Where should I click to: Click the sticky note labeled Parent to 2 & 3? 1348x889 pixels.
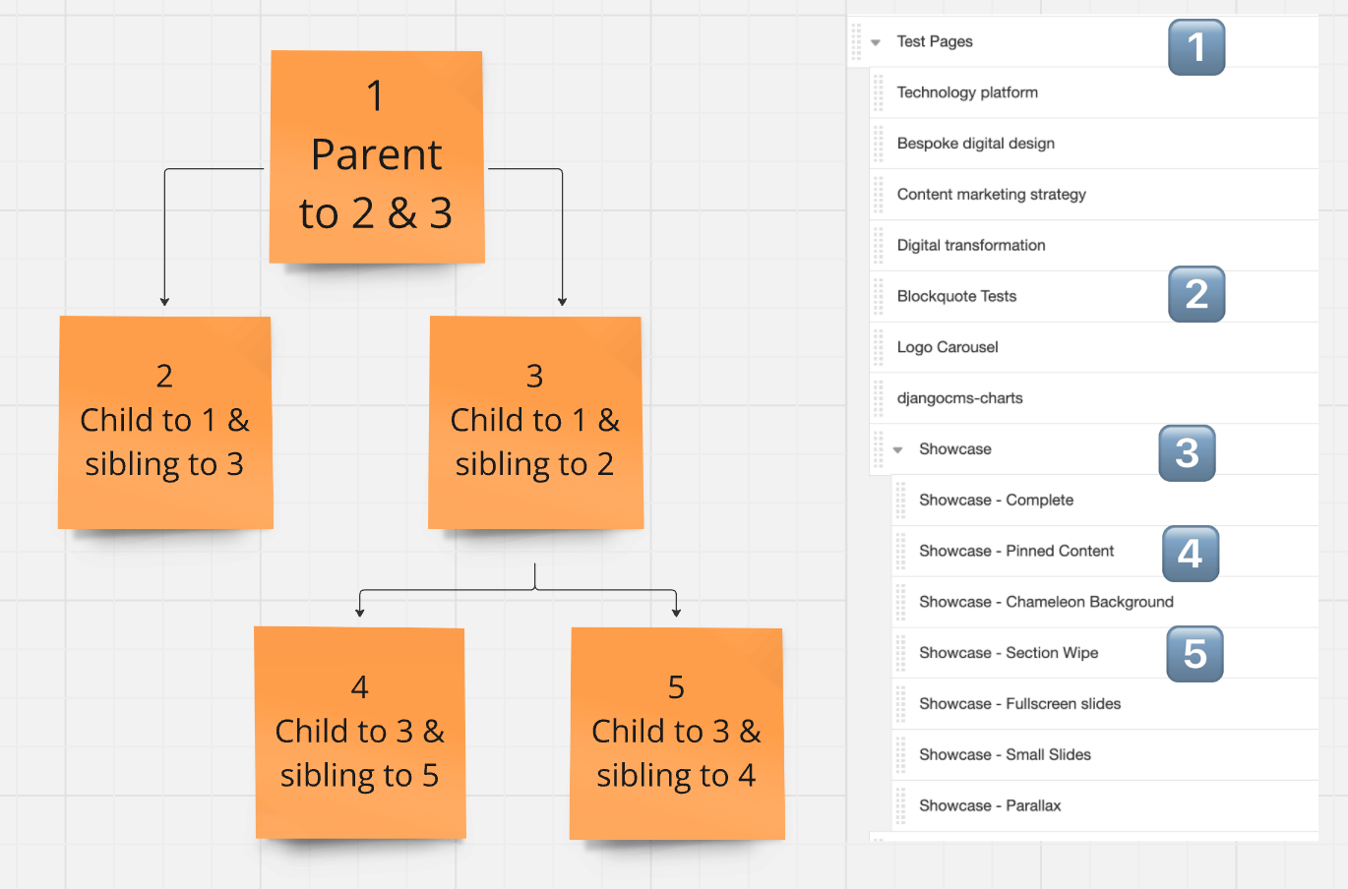coord(377,157)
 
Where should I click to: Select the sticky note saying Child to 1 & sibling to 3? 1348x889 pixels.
coord(165,422)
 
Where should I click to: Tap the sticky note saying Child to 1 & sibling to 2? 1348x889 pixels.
coord(535,422)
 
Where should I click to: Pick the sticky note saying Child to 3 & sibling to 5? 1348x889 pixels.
coord(360,733)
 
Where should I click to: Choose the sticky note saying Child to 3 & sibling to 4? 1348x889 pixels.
coord(677,734)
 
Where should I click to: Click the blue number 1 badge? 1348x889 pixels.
coord(1196,47)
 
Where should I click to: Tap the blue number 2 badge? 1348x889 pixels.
coord(1196,294)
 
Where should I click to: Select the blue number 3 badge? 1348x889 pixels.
coord(1187,453)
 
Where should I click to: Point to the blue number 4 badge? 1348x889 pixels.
coord(1191,554)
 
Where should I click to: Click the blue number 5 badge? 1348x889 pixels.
coord(1195,654)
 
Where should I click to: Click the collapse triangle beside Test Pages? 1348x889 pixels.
coord(876,42)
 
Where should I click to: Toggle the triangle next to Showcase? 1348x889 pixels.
coord(897,450)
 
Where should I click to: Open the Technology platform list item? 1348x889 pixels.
coord(967,92)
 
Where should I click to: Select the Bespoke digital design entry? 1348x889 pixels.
coord(975,144)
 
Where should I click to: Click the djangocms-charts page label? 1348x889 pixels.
coord(959,398)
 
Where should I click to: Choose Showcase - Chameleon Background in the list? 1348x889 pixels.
coord(1046,602)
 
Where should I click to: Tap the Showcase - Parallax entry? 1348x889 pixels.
coord(989,805)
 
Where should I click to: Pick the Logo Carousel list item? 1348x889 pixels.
coord(948,347)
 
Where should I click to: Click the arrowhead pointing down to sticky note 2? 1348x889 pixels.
coord(164,301)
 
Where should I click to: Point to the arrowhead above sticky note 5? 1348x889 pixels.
coord(676,613)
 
